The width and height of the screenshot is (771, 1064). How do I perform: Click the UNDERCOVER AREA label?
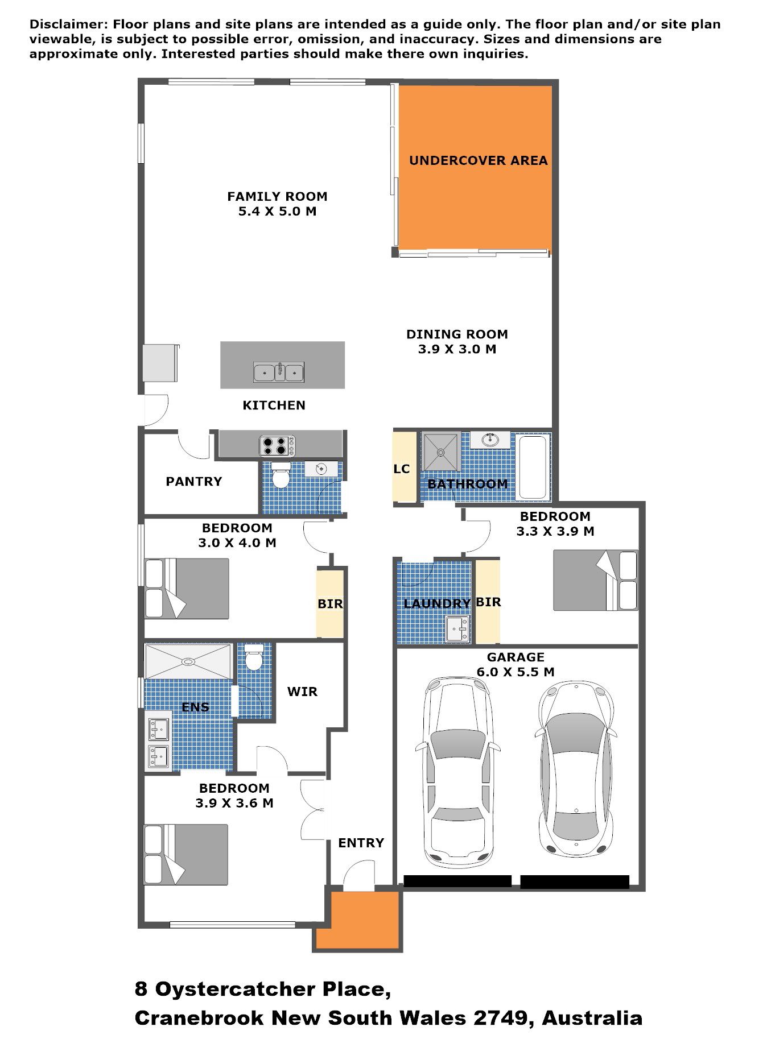(x=478, y=160)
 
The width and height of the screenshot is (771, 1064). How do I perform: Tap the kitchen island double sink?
(x=279, y=372)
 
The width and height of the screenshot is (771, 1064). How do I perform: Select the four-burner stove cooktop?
(x=278, y=446)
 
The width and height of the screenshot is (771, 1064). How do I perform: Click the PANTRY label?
(x=193, y=482)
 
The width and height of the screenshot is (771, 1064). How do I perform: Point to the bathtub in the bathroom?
(x=533, y=467)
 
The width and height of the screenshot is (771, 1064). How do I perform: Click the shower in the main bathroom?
(x=441, y=453)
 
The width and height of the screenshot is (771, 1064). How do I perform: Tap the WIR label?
(x=302, y=692)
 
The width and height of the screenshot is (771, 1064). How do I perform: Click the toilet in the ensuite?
(x=253, y=657)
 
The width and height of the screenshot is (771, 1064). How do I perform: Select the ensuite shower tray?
(x=188, y=661)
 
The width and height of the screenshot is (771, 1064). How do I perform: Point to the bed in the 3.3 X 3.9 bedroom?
(x=596, y=581)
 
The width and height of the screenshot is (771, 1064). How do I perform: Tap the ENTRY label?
(x=361, y=843)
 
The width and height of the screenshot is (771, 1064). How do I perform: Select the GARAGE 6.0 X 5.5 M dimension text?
(x=516, y=665)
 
